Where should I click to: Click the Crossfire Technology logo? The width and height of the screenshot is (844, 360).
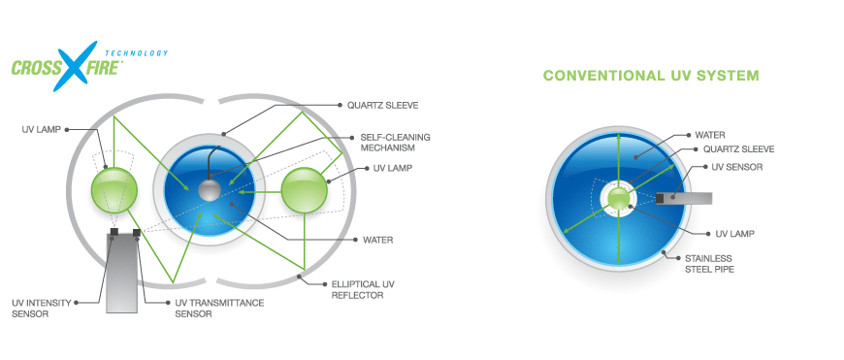(89, 66)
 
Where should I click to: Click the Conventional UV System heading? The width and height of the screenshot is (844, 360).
(651, 76)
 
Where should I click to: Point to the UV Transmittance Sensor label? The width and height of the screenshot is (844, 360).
(219, 308)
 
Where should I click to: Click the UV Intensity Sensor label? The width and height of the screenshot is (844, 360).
(42, 308)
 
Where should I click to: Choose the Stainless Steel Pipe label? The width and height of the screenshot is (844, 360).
(710, 264)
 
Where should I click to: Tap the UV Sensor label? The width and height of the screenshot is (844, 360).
(737, 167)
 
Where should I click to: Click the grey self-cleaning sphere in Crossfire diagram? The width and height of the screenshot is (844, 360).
(210, 190)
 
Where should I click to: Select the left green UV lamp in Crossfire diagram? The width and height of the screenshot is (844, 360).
(114, 190)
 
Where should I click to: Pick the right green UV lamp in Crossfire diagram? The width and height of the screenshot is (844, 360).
(305, 190)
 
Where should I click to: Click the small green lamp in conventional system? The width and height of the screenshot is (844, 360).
(619, 199)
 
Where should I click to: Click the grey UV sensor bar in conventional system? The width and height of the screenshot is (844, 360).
(684, 199)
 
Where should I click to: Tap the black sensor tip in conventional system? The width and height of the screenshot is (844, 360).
(659, 199)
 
